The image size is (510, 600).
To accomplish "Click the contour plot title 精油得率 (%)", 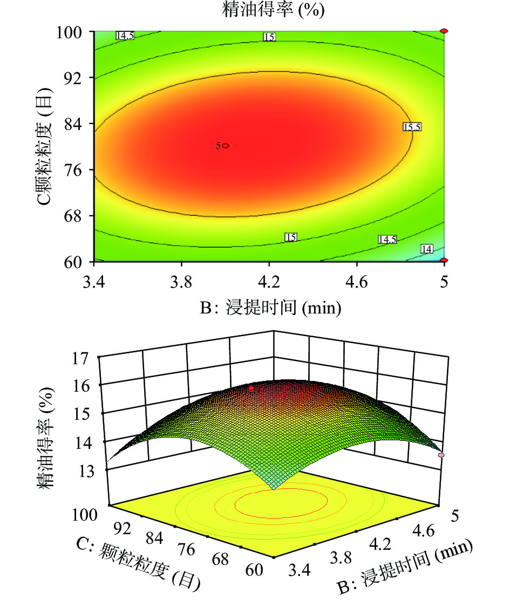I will click(x=274, y=10).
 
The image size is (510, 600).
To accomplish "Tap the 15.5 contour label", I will click(x=411, y=127).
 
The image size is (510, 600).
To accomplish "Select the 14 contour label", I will click(x=426, y=249).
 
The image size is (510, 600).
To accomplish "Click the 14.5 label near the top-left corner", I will click(x=125, y=36).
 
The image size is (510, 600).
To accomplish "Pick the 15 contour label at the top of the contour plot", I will click(x=269, y=37).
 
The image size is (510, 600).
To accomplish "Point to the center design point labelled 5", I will click(x=225, y=146).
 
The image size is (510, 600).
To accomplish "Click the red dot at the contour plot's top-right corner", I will click(x=444, y=31).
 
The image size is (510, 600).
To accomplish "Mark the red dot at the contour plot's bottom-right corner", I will click(x=444, y=261).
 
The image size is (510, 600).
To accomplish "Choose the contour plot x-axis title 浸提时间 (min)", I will click(x=270, y=308).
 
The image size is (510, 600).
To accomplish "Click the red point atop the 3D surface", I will click(x=251, y=388).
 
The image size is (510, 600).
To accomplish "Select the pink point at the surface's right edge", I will click(x=441, y=455).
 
